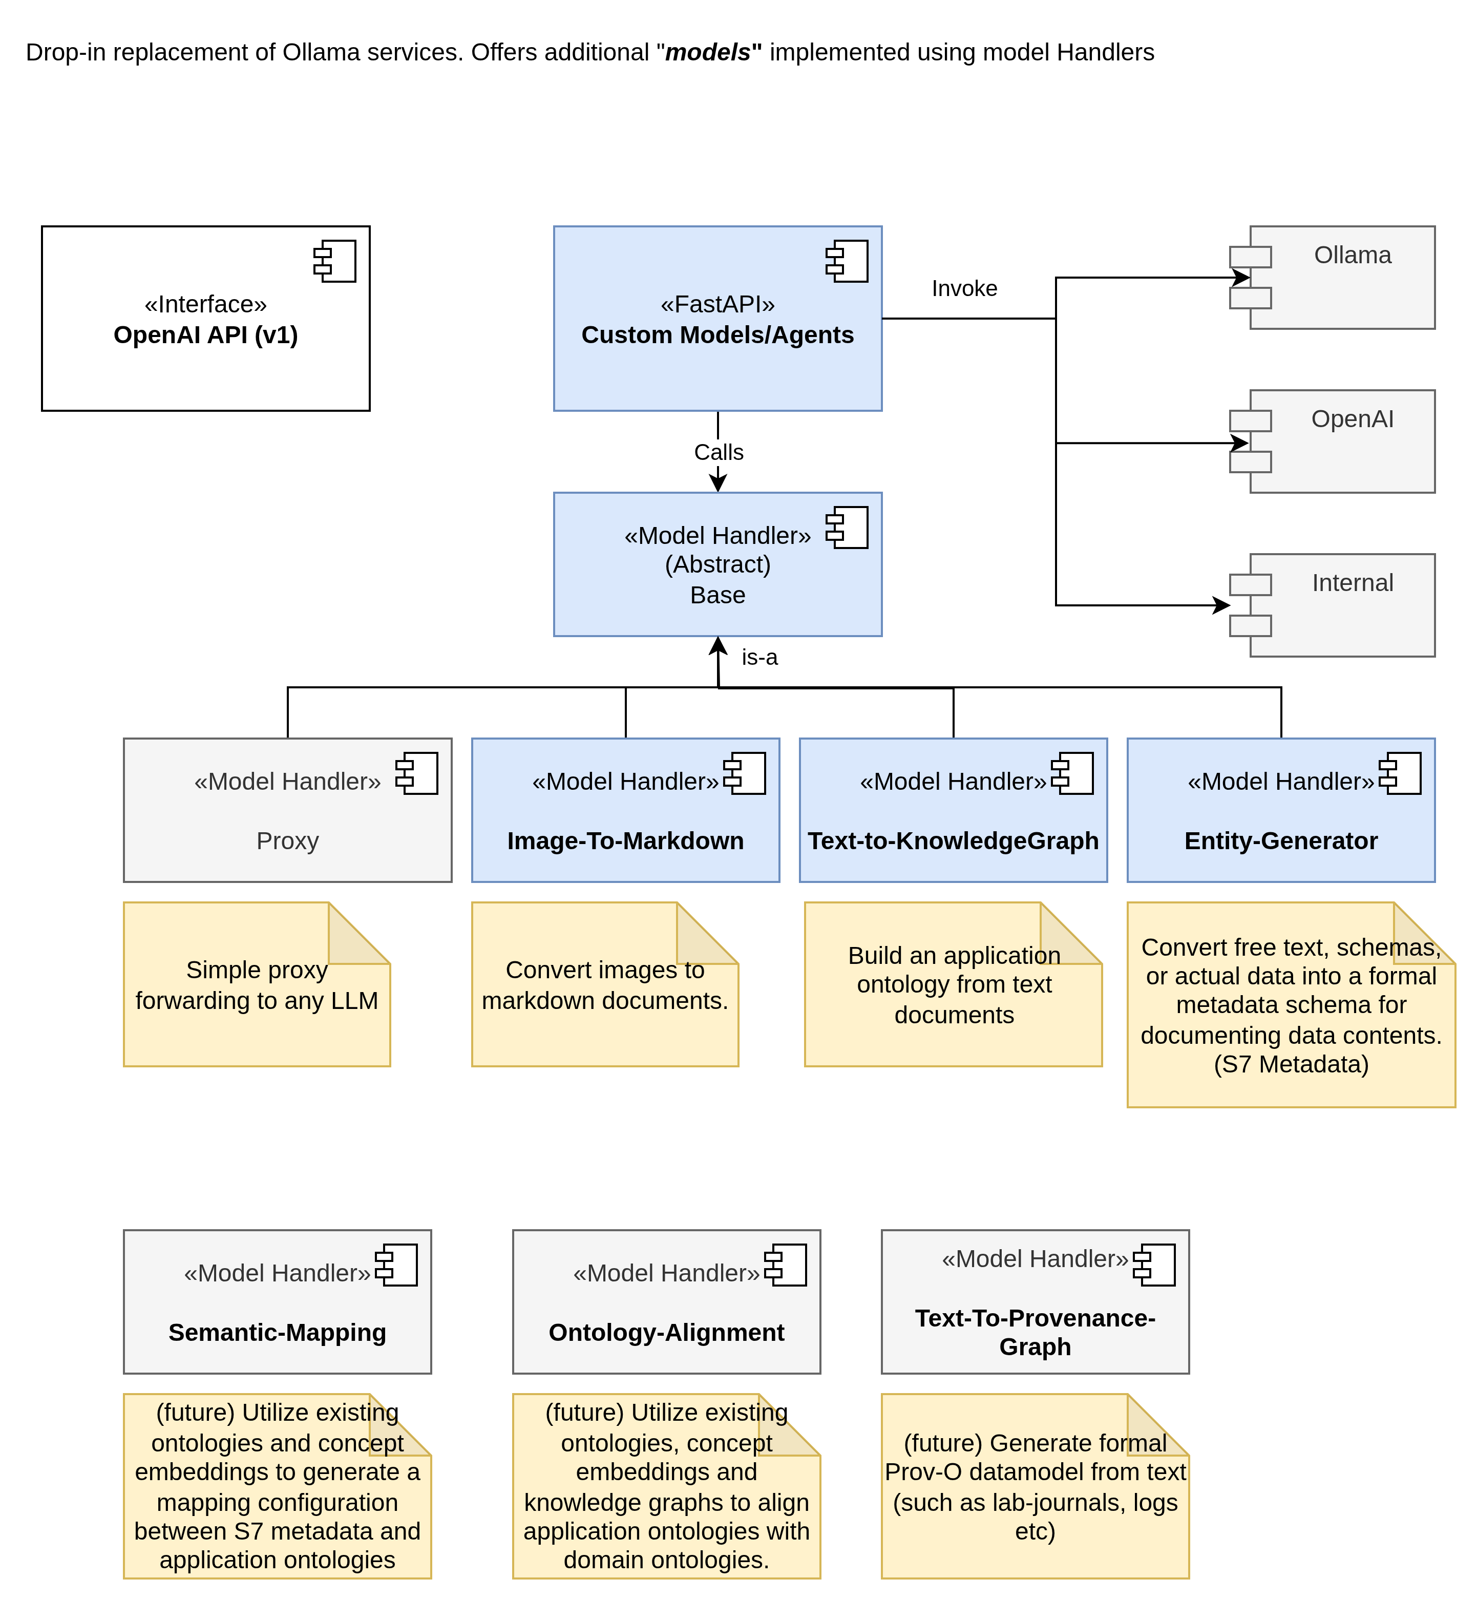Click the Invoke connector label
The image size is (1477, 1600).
(x=964, y=288)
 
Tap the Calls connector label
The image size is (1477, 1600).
(x=719, y=452)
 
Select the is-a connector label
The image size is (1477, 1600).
(x=759, y=657)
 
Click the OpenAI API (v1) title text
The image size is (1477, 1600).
(x=205, y=335)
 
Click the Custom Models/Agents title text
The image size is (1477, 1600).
(x=717, y=335)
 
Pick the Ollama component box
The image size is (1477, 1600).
(x=1341, y=277)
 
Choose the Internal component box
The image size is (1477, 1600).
(x=1341, y=605)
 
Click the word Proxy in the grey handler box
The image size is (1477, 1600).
(x=287, y=841)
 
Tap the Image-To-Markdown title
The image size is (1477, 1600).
(x=625, y=841)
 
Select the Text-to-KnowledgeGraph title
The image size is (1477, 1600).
(x=953, y=841)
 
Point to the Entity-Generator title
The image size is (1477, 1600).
(x=1280, y=841)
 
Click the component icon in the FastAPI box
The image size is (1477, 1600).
(x=847, y=261)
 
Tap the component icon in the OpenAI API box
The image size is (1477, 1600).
(x=335, y=261)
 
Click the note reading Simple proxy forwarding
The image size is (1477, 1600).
(x=257, y=984)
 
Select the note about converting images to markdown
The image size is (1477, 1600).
(x=604, y=984)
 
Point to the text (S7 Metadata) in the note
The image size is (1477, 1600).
(x=1291, y=1065)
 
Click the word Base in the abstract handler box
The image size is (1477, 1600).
(x=717, y=596)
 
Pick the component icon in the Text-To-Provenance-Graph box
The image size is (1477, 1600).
(x=1154, y=1265)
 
